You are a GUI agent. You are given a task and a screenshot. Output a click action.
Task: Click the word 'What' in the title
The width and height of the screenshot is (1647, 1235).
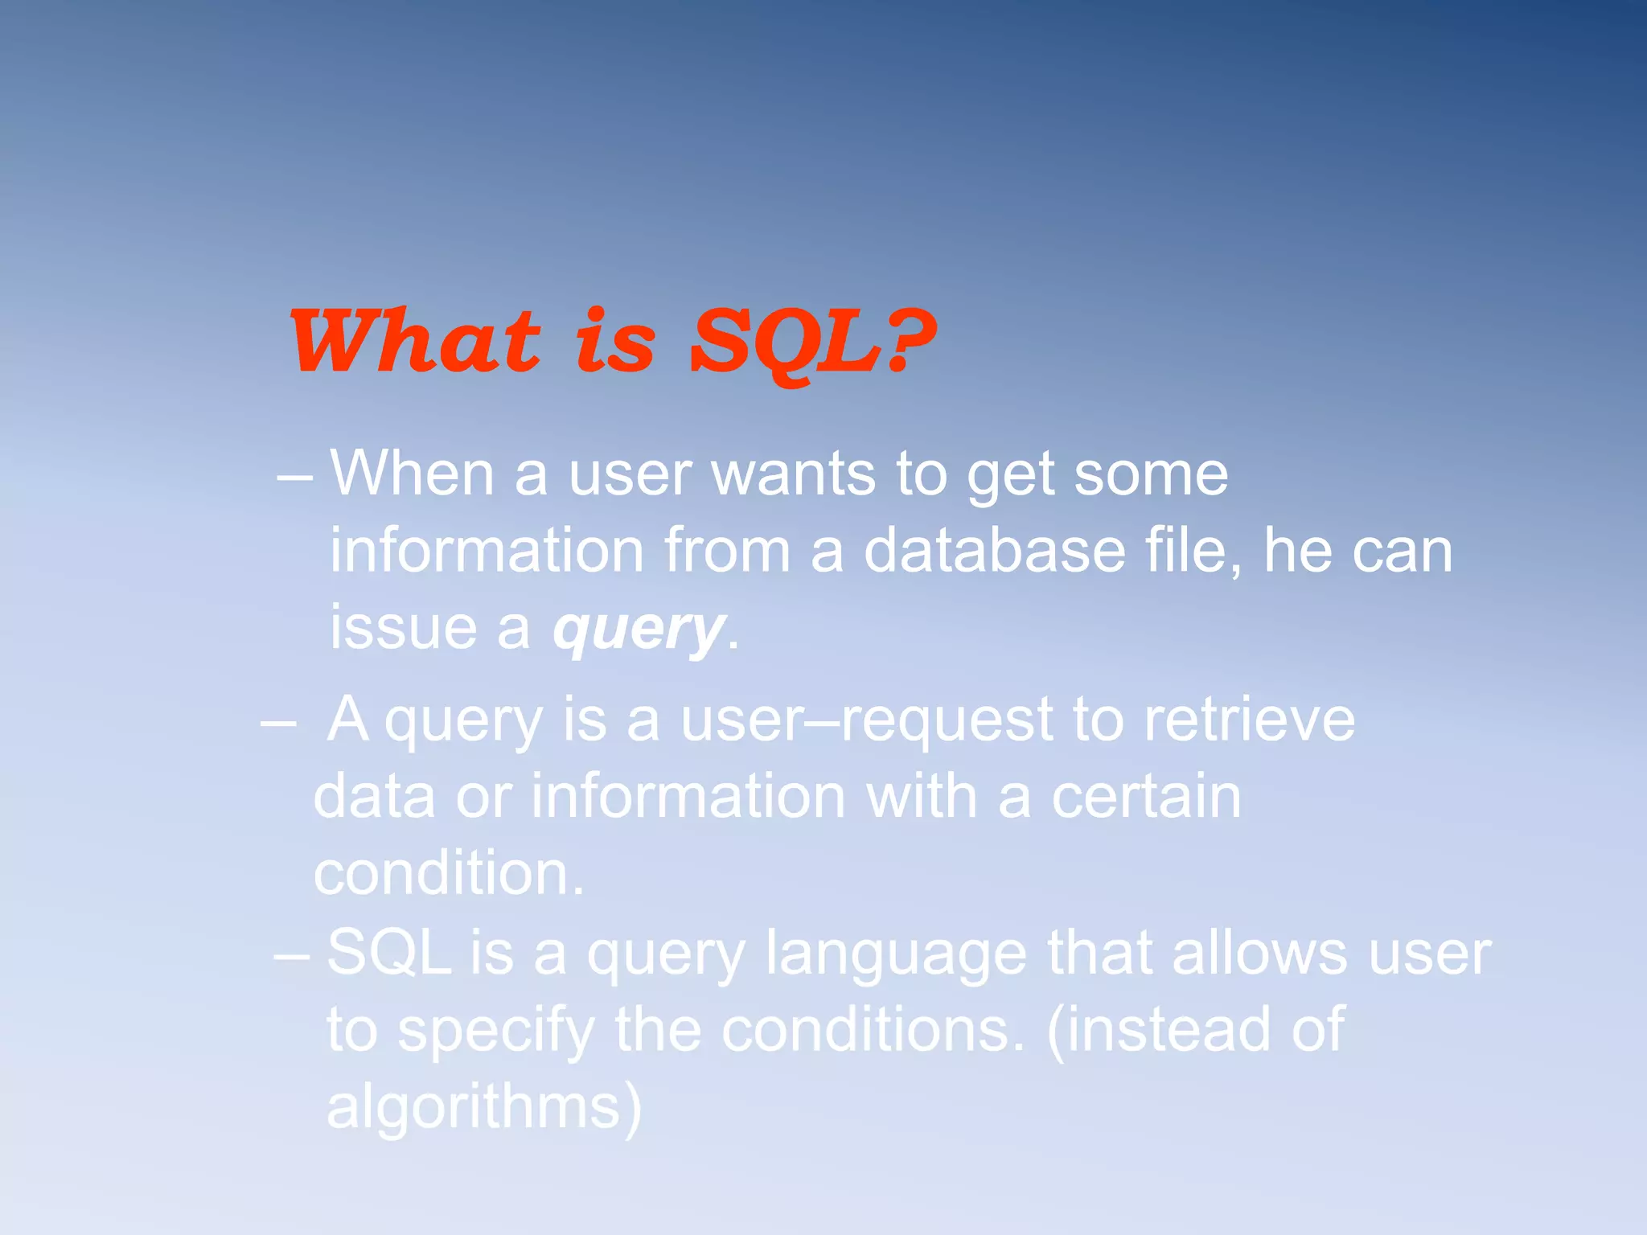414,342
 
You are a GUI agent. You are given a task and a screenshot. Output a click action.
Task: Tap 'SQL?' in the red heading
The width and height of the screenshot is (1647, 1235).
812,342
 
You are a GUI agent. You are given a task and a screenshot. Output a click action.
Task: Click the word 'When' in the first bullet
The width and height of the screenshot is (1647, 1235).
412,474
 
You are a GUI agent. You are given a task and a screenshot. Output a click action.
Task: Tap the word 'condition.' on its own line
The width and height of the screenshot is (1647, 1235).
449,874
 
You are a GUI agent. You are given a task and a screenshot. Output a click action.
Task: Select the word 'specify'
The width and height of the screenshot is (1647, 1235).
495,1032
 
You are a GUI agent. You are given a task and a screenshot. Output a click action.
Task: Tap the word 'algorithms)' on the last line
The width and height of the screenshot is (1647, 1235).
484,1109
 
